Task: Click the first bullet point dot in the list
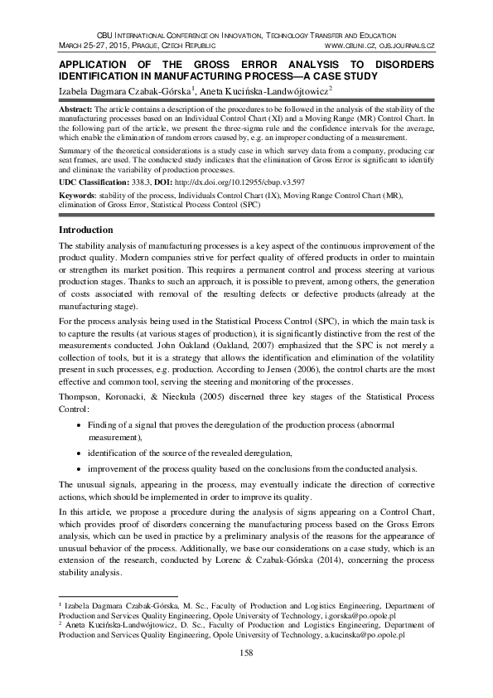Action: (x=79, y=424)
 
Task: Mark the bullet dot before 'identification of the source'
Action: (x=79, y=454)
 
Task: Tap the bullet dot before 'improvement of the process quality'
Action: (x=79, y=469)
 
